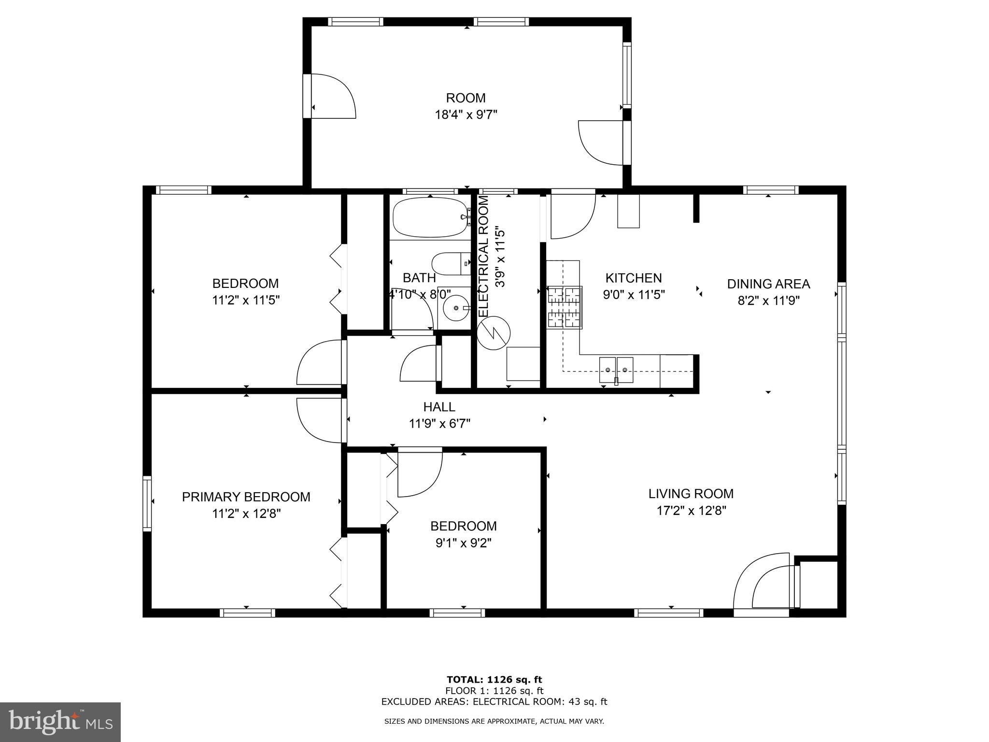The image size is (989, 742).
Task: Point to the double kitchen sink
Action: click(616, 370)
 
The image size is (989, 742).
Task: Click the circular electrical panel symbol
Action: click(494, 333)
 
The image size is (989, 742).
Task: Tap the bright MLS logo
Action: click(60, 722)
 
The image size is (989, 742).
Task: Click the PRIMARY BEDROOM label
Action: click(246, 497)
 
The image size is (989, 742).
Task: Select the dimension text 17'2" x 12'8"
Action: click(691, 511)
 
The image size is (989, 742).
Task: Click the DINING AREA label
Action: click(768, 284)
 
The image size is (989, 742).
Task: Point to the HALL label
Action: click(439, 407)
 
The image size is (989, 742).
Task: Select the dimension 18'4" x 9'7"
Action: click(466, 114)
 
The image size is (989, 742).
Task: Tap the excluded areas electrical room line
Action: click(494, 702)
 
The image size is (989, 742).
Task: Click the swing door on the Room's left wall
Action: click(332, 96)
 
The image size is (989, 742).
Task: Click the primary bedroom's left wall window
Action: click(147, 503)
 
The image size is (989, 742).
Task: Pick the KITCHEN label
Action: click(634, 278)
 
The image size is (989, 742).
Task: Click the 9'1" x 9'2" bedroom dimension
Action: click(463, 543)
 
